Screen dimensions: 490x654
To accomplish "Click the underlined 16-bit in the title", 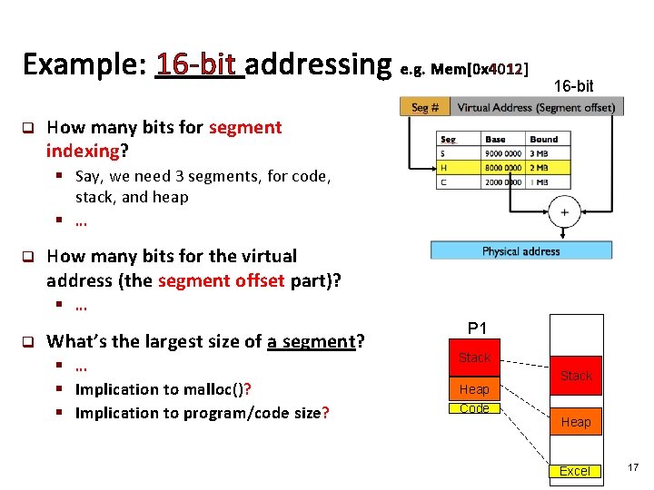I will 200,65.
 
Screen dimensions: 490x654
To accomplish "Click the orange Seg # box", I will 425,107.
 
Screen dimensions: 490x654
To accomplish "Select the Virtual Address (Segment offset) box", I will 535,107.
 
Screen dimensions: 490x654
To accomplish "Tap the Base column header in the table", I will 496,139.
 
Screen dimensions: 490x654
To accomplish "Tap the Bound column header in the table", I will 543,139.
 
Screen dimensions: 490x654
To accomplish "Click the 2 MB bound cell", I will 543,167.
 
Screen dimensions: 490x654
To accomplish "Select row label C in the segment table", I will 443,181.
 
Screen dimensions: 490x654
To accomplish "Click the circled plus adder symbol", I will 564,212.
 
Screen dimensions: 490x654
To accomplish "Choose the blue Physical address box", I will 520,250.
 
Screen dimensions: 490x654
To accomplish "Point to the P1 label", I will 477,328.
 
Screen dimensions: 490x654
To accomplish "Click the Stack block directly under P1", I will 474,358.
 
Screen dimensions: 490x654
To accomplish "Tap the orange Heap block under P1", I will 474,388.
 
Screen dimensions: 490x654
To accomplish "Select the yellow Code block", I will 474,408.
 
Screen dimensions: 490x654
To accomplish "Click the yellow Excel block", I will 574,470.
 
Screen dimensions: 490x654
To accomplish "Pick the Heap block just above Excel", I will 575,422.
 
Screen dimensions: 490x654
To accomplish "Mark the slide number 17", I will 632,467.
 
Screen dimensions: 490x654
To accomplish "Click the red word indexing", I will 83,151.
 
